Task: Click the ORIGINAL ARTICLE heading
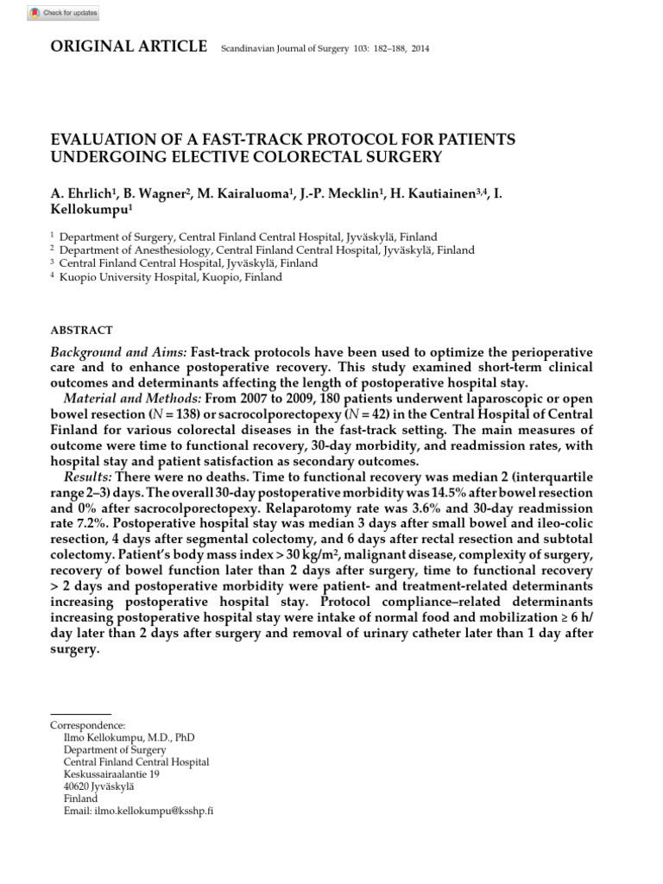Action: point(129,47)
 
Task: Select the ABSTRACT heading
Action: point(82,330)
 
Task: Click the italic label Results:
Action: point(88,477)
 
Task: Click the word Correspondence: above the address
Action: point(87,727)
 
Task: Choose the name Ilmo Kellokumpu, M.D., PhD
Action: point(129,739)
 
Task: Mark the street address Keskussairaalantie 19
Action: point(111,775)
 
